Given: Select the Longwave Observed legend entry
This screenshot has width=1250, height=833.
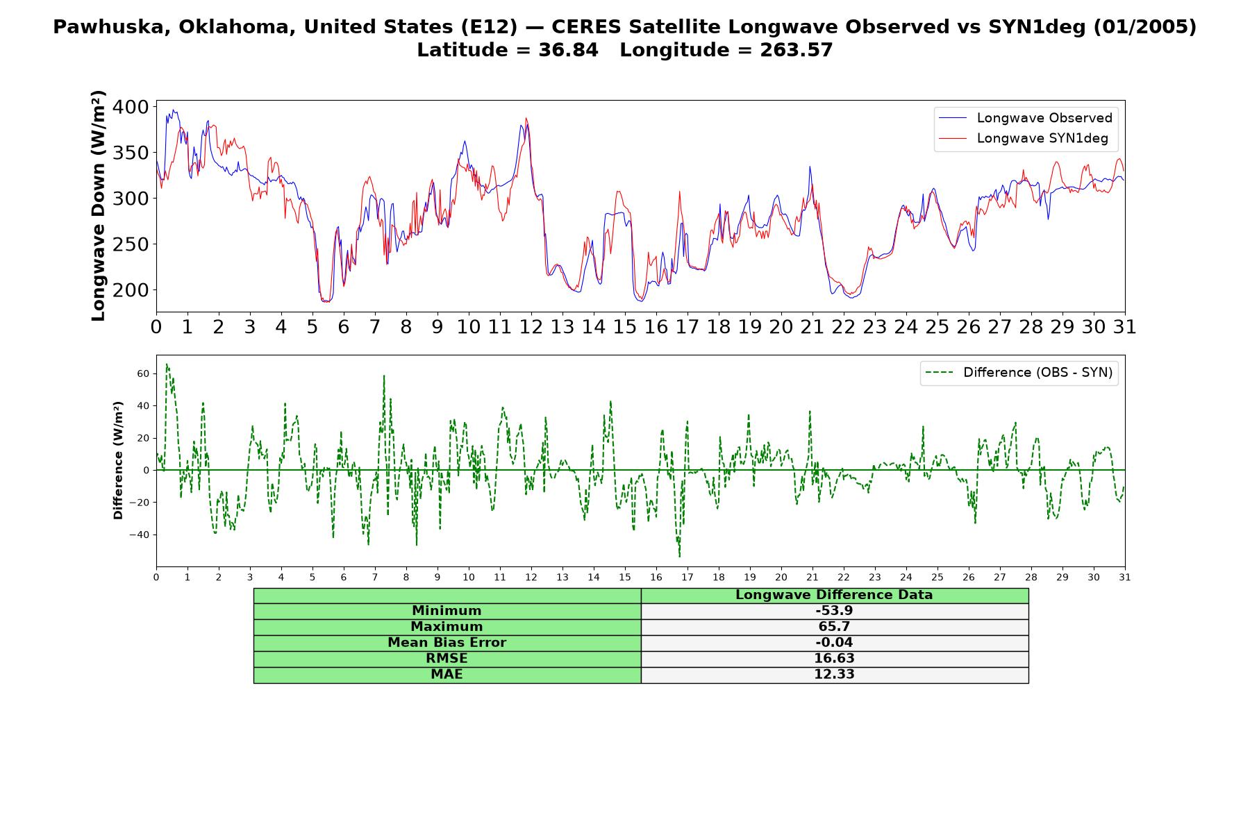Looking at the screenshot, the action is coord(1026,118).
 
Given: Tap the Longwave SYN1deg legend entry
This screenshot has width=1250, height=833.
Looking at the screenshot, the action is coord(1024,138).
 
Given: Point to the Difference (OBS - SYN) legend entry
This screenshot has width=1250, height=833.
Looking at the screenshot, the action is coord(1019,373).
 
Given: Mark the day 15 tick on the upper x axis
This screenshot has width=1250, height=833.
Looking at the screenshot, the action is coord(624,327).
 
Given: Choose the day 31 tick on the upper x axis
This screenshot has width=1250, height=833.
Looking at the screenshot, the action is coord(1124,327).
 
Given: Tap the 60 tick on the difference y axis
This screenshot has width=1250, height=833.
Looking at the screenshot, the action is coord(143,373).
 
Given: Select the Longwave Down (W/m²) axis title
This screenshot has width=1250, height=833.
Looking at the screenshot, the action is coord(98,205).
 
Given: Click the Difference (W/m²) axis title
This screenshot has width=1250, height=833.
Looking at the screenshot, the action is coord(118,460).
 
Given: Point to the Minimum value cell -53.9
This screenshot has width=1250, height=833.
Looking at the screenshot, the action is coord(834,611).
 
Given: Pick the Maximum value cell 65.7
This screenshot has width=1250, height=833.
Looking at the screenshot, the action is coord(834,627).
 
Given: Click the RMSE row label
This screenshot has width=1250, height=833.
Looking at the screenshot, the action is coord(447,659).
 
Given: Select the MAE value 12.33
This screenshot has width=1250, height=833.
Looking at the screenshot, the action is coord(834,675).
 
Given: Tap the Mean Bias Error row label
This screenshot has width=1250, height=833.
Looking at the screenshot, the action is coord(447,643).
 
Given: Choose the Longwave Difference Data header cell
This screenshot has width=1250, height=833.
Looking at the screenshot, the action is coord(834,595).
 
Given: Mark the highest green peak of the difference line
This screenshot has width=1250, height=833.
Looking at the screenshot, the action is coord(167,364).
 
